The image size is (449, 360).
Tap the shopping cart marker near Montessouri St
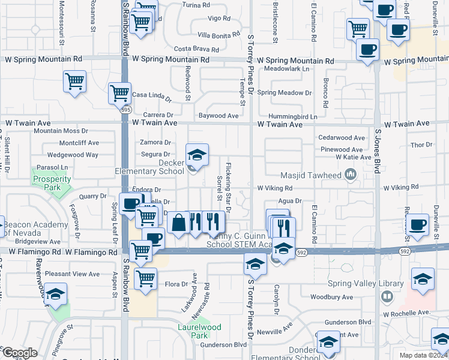click(74, 82)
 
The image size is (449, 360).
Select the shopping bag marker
click(179, 223)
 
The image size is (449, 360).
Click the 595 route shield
click(125, 110)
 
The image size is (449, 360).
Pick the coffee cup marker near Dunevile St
click(418, 226)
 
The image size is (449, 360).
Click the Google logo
click(19, 353)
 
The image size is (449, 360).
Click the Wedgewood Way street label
click(73, 155)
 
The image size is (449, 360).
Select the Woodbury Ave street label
click(331, 297)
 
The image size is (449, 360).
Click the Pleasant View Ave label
click(73, 274)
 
